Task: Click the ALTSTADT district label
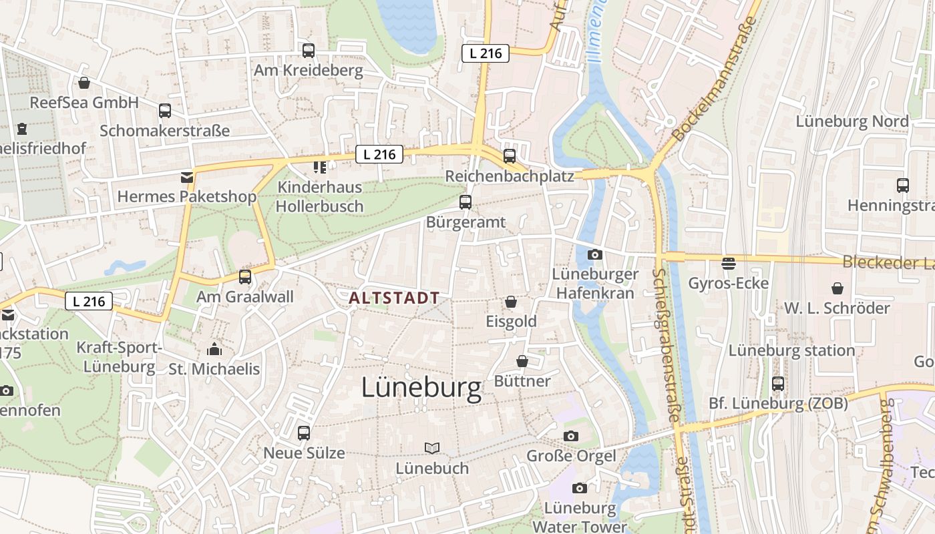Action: point(394,298)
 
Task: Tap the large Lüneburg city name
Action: point(421,388)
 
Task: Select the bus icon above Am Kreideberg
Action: point(308,50)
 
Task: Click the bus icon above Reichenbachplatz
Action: point(510,156)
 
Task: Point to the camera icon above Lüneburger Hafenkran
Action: point(594,254)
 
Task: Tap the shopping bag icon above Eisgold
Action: point(511,302)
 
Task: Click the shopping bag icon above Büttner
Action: point(522,361)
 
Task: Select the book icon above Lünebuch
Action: point(432,448)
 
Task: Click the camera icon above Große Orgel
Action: point(570,436)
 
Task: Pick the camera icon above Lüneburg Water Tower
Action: point(580,488)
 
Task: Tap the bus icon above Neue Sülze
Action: point(304,433)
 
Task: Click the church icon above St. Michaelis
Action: point(214,349)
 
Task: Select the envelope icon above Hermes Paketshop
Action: point(186,178)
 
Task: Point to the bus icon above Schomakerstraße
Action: point(164,110)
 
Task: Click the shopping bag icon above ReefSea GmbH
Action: point(84,83)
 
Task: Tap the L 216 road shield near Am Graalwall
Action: point(89,301)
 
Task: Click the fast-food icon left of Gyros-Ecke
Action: point(728,263)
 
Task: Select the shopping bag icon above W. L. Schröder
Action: point(837,288)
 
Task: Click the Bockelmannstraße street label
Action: point(715,79)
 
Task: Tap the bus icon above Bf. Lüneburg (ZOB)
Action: point(778,383)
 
